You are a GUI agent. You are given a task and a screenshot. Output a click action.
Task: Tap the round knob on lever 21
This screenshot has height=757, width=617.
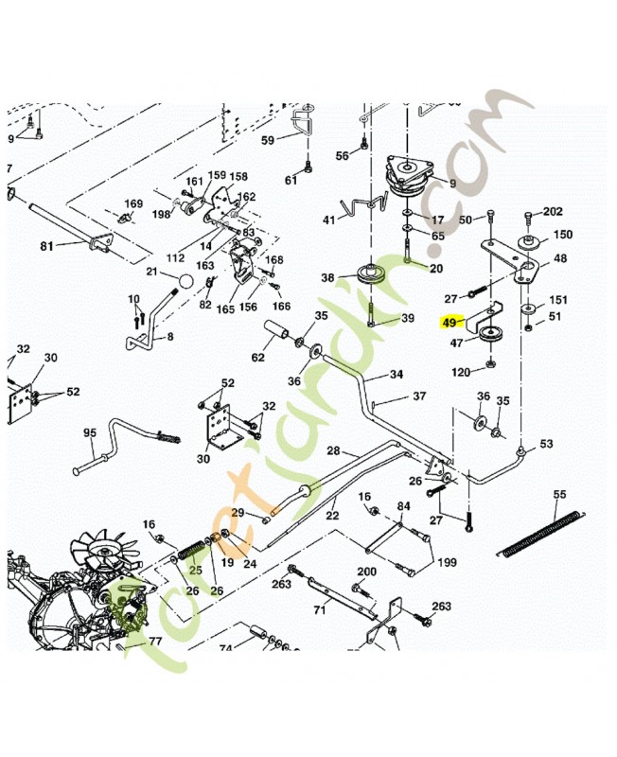[185, 281]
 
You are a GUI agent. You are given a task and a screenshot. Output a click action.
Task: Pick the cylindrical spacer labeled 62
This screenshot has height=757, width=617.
[282, 332]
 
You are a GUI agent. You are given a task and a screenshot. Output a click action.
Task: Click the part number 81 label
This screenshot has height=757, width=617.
[46, 247]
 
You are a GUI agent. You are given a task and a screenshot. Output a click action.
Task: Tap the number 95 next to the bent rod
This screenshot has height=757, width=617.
[90, 432]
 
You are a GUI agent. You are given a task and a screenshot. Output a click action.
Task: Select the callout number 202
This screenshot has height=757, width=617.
[553, 212]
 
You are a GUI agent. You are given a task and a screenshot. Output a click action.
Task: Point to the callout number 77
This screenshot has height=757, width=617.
[155, 641]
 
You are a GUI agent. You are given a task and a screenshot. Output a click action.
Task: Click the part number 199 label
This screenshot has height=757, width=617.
[447, 563]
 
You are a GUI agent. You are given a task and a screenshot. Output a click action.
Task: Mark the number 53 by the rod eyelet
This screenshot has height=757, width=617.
[546, 444]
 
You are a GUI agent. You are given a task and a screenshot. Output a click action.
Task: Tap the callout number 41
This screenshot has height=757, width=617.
[329, 220]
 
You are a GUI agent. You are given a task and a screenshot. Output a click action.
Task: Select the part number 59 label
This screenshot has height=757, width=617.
[268, 140]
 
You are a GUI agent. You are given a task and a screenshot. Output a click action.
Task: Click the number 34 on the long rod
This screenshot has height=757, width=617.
[396, 375]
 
